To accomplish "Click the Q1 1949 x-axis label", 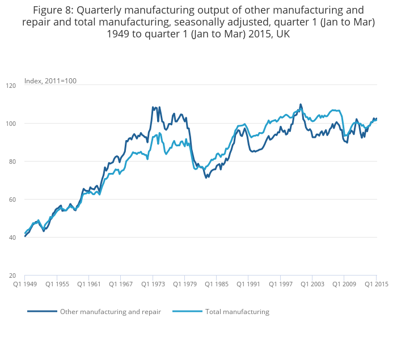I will click(x=24, y=284).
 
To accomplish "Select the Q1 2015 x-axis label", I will click(x=376, y=284).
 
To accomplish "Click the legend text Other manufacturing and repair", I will click(x=110, y=312).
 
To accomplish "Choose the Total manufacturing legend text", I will click(x=237, y=312).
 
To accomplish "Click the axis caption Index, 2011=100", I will click(x=50, y=81).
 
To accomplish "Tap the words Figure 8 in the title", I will click(x=56, y=10).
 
